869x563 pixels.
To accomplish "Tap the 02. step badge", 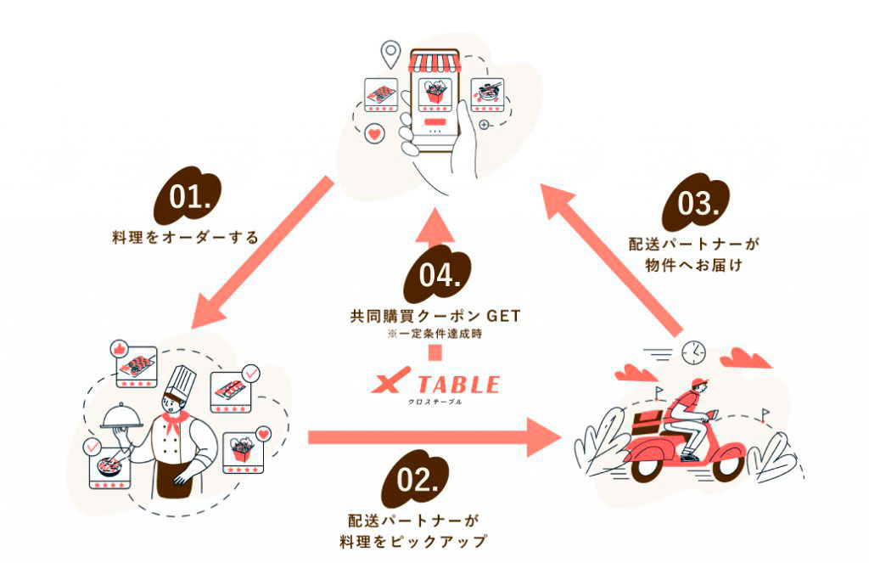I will pos(416,481).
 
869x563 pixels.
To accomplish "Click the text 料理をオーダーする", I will pos(184,237).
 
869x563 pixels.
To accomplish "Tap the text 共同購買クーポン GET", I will pos(434,316).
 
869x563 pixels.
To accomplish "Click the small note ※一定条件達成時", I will pos(434,334).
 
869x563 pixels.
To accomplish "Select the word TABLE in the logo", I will pos(459,384).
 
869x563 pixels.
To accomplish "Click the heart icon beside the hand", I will pos(373,134).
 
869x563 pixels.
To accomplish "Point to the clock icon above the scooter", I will pos(693,351).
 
